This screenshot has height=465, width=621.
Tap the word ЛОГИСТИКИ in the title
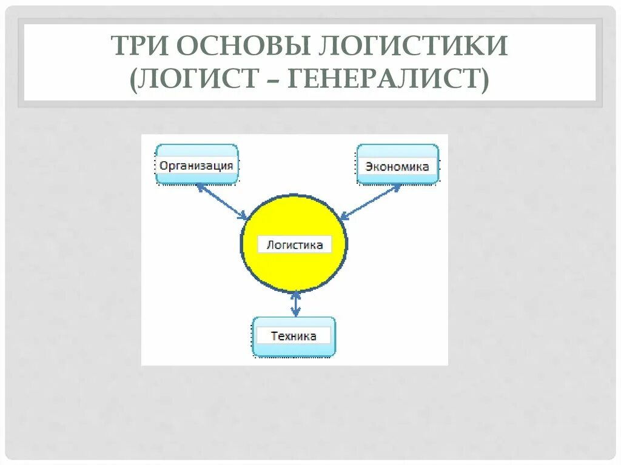coord(412,46)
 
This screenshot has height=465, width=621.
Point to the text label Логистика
coord(295,245)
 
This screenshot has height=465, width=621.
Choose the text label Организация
coord(196,166)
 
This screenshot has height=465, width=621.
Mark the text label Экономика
coord(397,167)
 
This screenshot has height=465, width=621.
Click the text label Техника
coord(294,336)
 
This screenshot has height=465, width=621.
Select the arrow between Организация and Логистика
coord(221,202)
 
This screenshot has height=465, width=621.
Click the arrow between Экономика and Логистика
coord(370,201)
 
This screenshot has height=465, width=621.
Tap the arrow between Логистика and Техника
coord(295,304)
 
